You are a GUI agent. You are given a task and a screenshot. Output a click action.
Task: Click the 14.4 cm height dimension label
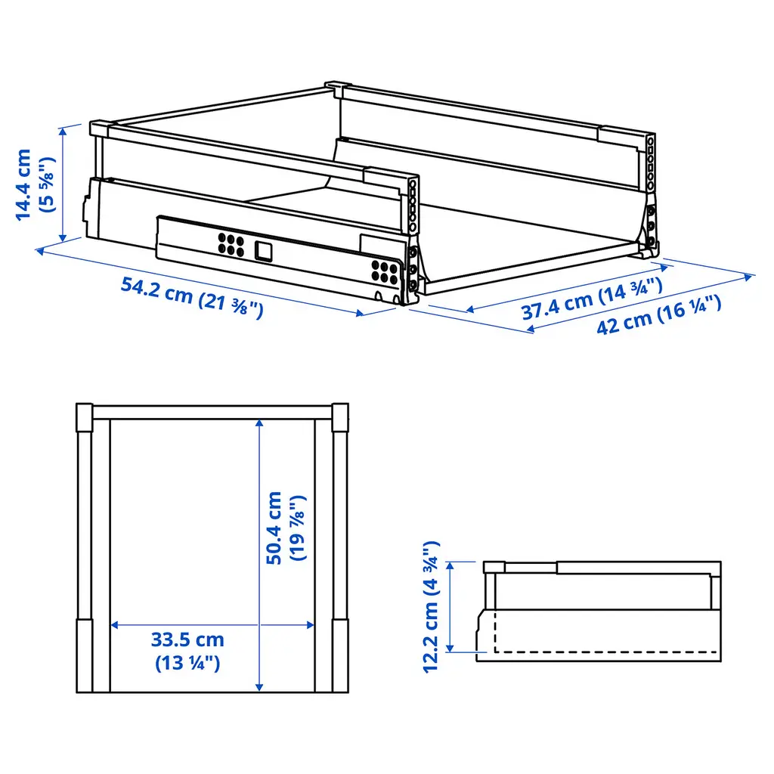pos(23,184)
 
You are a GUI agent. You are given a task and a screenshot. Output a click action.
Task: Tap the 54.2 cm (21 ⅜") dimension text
pos(192,298)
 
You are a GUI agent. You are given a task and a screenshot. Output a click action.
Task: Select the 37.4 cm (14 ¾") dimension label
pos(592,299)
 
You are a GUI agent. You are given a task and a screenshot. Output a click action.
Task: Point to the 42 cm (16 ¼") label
pos(659,315)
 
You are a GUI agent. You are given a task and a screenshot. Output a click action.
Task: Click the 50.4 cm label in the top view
pos(274,528)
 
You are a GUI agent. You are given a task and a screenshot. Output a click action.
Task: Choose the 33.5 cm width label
pos(187,639)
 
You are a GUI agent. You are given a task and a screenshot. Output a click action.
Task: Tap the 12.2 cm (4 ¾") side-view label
pos(431,607)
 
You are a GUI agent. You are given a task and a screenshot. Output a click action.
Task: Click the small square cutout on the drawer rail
pos(264,251)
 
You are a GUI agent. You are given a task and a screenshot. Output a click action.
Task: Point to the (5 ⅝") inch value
pos(48,184)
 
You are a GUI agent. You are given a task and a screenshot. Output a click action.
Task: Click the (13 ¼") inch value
pos(187,663)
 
